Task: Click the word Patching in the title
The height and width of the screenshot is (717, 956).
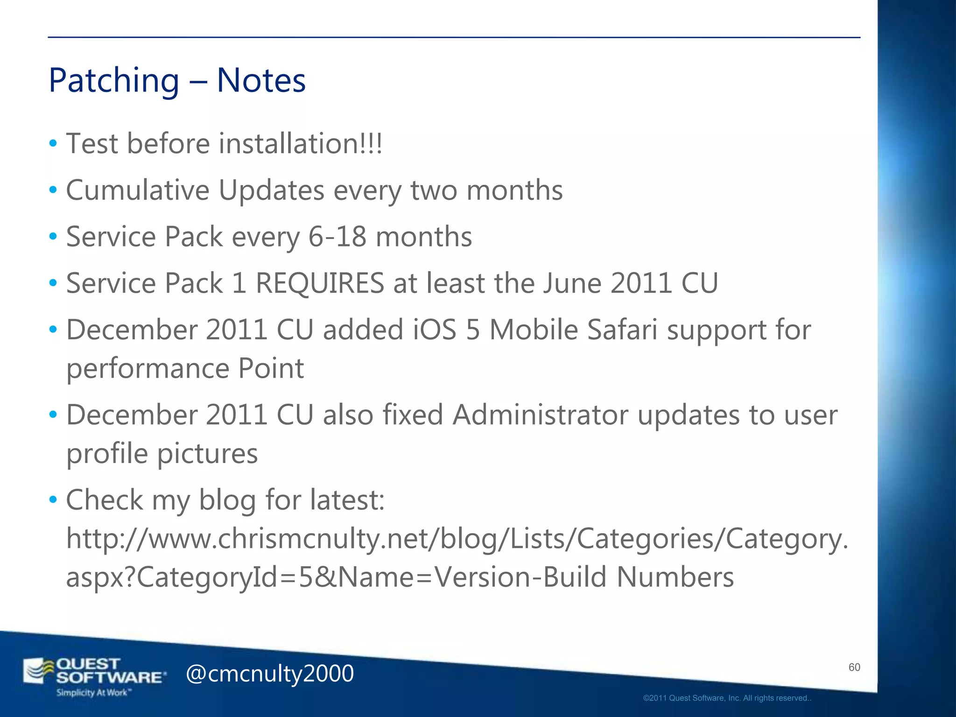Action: point(114,81)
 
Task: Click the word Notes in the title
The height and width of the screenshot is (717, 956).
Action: point(261,80)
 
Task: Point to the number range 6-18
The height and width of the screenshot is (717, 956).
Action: point(337,237)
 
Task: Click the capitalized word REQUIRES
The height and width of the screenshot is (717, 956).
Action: point(320,283)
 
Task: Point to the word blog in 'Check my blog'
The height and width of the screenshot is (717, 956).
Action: point(227,500)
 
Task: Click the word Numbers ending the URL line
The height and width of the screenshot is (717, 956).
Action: point(675,577)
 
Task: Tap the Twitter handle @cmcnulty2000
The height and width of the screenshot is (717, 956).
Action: point(270,674)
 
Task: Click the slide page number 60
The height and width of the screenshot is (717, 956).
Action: point(854,668)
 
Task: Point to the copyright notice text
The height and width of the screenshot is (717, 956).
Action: point(727,698)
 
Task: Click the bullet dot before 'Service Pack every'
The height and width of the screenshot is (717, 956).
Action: point(53,237)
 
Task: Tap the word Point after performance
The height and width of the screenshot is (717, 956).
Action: point(271,369)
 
